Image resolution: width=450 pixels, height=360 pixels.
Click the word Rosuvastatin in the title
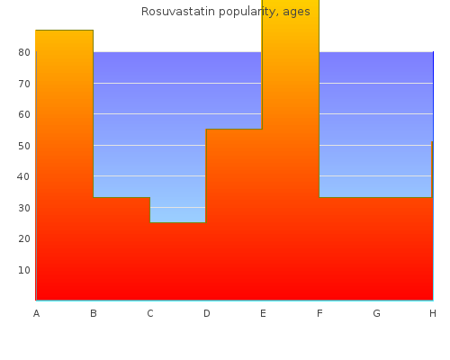click(178, 12)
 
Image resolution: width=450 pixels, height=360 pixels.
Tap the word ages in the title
click(296, 13)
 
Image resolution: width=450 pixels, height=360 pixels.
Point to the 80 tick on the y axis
click(24, 52)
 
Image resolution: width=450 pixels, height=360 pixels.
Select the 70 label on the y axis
click(24, 84)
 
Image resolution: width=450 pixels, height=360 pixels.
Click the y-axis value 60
click(24, 114)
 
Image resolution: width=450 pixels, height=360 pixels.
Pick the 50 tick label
click(24, 146)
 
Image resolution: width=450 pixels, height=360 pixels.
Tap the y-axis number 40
click(23, 176)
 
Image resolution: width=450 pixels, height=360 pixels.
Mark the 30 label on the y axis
click(24, 208)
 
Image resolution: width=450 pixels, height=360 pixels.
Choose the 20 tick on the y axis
click(24, 238)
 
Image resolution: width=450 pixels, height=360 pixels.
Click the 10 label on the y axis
click(24, 270)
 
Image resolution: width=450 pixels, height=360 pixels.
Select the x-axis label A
click(36, 313)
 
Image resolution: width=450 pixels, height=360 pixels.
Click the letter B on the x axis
click(94, 313)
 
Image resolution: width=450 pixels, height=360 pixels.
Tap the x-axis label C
click(150, 313)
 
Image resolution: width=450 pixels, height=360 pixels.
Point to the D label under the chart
click(207, 313)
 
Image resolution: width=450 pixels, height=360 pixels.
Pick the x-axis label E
click(263, 313)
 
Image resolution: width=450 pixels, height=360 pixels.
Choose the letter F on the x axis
click(319, 313)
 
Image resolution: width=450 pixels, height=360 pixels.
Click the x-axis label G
click(376, 313)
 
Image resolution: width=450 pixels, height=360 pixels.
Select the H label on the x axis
click(433, 313)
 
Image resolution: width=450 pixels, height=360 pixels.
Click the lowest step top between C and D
click(178, 222)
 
